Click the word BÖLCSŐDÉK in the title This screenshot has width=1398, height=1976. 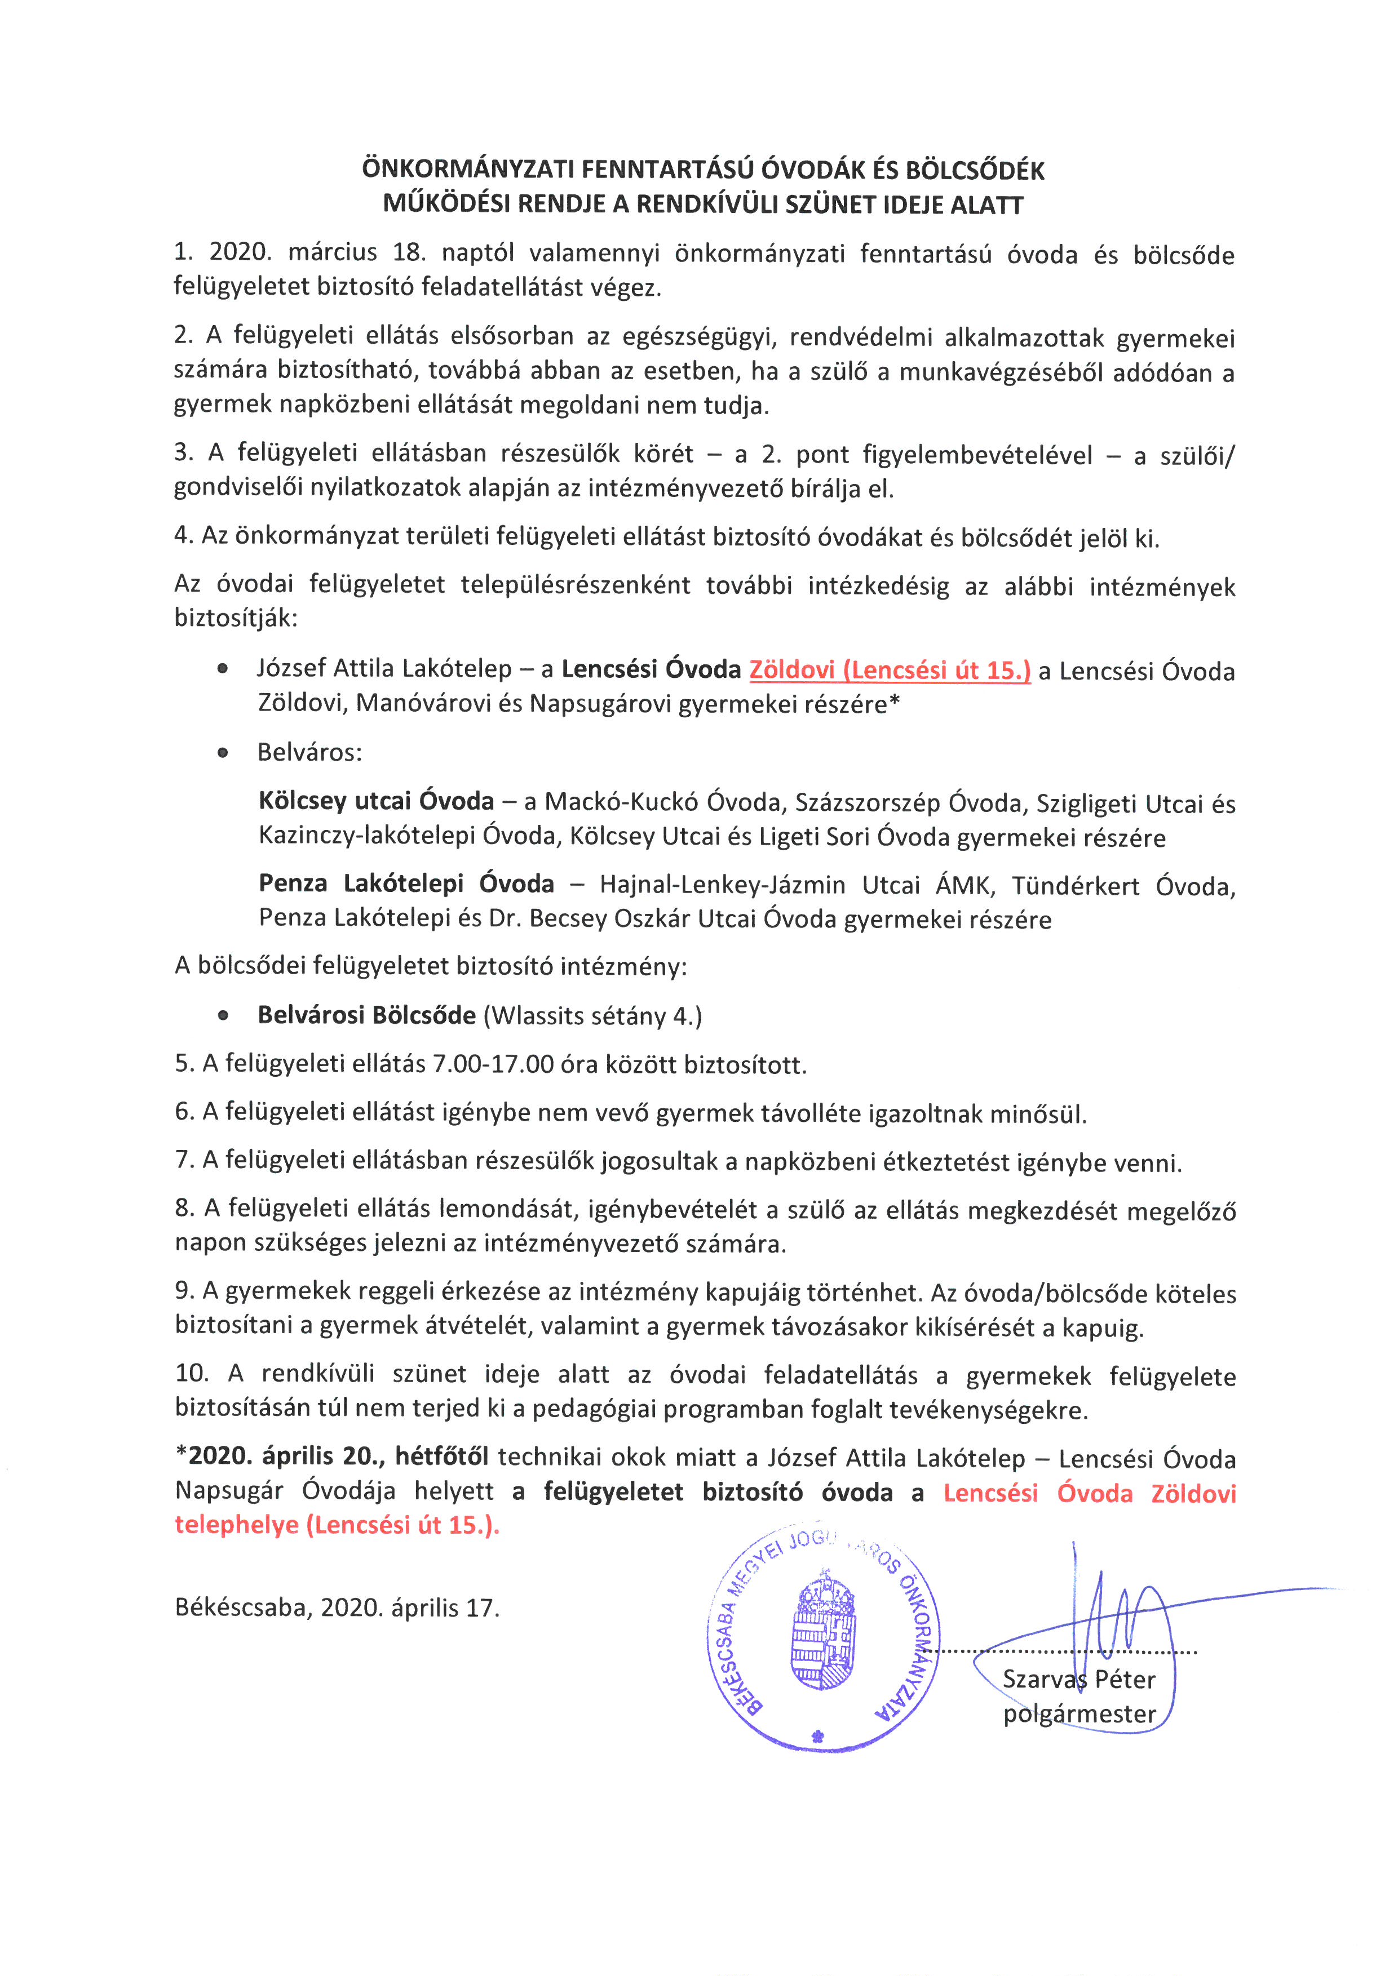(x=975, y=170)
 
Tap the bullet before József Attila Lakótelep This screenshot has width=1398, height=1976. (x=223, y=669)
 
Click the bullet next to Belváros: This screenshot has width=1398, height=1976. (x=223, y=753)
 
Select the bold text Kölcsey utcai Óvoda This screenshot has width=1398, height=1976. (x=376, y=801)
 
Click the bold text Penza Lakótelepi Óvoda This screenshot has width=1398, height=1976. (x=406, y=884)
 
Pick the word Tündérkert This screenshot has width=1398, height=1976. (x=1075, y=886)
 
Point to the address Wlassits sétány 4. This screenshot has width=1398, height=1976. (x=593, y=1016)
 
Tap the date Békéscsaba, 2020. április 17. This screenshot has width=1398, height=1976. (x=337, y=1608)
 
